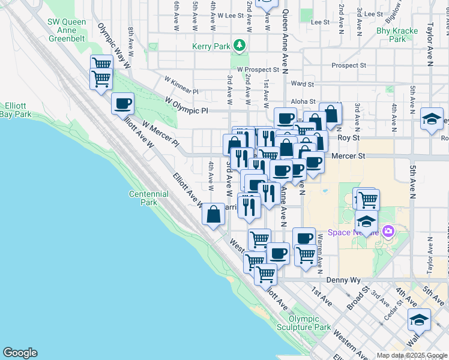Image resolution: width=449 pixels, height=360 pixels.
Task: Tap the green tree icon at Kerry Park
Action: (240, 45)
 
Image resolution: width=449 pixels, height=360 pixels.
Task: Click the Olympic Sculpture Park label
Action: (304, 323)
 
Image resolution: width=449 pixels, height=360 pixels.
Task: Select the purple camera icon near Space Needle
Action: (388, 230)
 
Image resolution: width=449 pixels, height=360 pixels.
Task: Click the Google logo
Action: (20, 353)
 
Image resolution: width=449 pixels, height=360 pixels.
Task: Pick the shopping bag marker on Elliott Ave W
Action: (214, 214)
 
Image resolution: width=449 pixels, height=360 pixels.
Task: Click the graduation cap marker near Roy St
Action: (432, 118)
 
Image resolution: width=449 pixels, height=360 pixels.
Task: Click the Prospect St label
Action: (348, 65)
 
